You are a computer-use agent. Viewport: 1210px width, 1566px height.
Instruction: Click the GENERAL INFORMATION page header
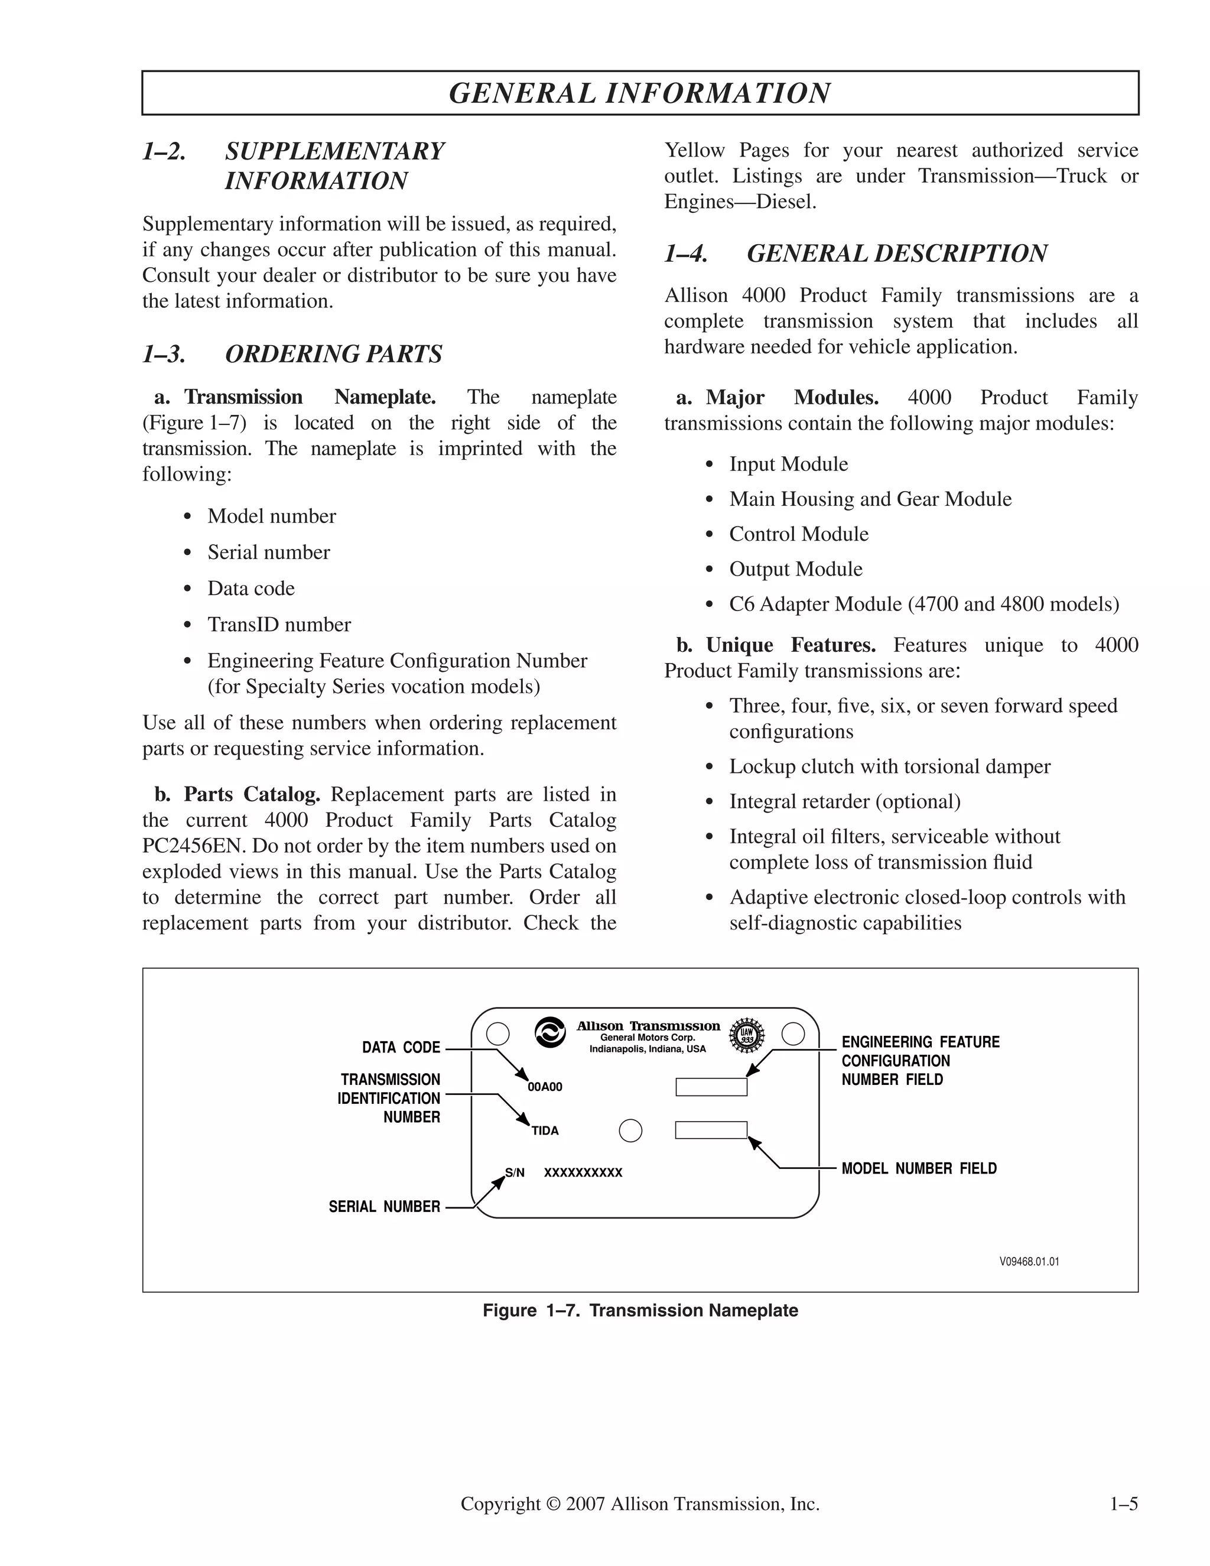point(639,93)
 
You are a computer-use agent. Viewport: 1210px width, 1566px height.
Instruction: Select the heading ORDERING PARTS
point(333,354)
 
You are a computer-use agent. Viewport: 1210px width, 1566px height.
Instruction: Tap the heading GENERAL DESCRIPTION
point(897,254)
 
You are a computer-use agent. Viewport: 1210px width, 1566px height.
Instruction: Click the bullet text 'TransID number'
point(279,625)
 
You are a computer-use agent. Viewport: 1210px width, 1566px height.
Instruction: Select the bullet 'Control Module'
point(799,534)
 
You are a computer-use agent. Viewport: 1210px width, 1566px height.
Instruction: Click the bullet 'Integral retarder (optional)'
point(844,802)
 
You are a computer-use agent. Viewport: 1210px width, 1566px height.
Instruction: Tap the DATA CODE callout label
point(401,1048)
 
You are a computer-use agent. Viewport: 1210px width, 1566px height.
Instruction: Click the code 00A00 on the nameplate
point(545,1087)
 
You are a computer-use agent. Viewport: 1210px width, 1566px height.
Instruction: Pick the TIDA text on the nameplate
point(545,1130)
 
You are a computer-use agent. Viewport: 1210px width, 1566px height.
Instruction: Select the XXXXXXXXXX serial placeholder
point(583,1173)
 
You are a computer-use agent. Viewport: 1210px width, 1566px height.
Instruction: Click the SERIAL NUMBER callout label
point(384,1207)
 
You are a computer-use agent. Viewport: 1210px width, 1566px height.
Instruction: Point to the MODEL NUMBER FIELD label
point(919,1169)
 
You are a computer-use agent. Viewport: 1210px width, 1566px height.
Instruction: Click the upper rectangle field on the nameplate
point(711,1087)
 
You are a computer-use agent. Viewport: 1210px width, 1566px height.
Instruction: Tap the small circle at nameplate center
point(630,1130)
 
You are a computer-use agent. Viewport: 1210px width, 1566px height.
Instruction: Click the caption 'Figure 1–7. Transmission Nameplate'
point(640,1311)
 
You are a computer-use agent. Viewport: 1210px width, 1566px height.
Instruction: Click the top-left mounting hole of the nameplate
point(497,1034)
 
